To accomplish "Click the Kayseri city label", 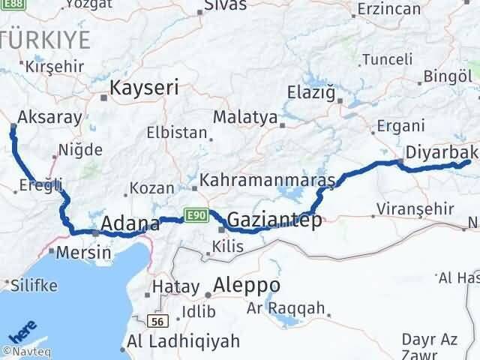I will coord(144,88).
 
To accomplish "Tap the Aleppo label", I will coord(247,286).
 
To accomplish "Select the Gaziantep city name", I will coord(274,220).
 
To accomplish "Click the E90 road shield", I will coord(197,215).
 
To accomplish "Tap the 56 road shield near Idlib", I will coord(157,321).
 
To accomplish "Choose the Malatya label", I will coord(244,118).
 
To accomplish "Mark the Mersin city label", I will coord(84,253).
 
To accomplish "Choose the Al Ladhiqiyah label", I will coord(184,341).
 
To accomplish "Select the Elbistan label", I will coord(177,133).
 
